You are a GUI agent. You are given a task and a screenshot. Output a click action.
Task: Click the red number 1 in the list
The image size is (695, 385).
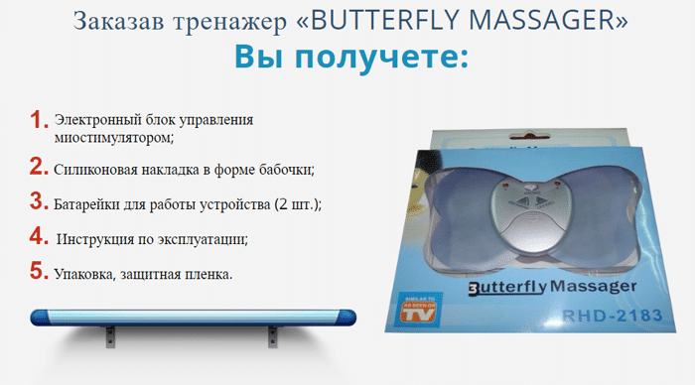point(39,120)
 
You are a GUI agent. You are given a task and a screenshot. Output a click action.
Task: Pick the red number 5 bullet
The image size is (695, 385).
point(39,270)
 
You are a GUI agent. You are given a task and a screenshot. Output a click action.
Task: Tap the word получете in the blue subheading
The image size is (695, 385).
point(385,57)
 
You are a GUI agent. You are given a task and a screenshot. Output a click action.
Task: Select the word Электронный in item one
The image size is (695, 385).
point(98,120)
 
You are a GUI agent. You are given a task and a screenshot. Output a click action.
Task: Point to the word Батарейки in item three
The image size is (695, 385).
point(90,204)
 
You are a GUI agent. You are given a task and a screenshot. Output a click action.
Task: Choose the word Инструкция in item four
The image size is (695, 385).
point(98,240)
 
